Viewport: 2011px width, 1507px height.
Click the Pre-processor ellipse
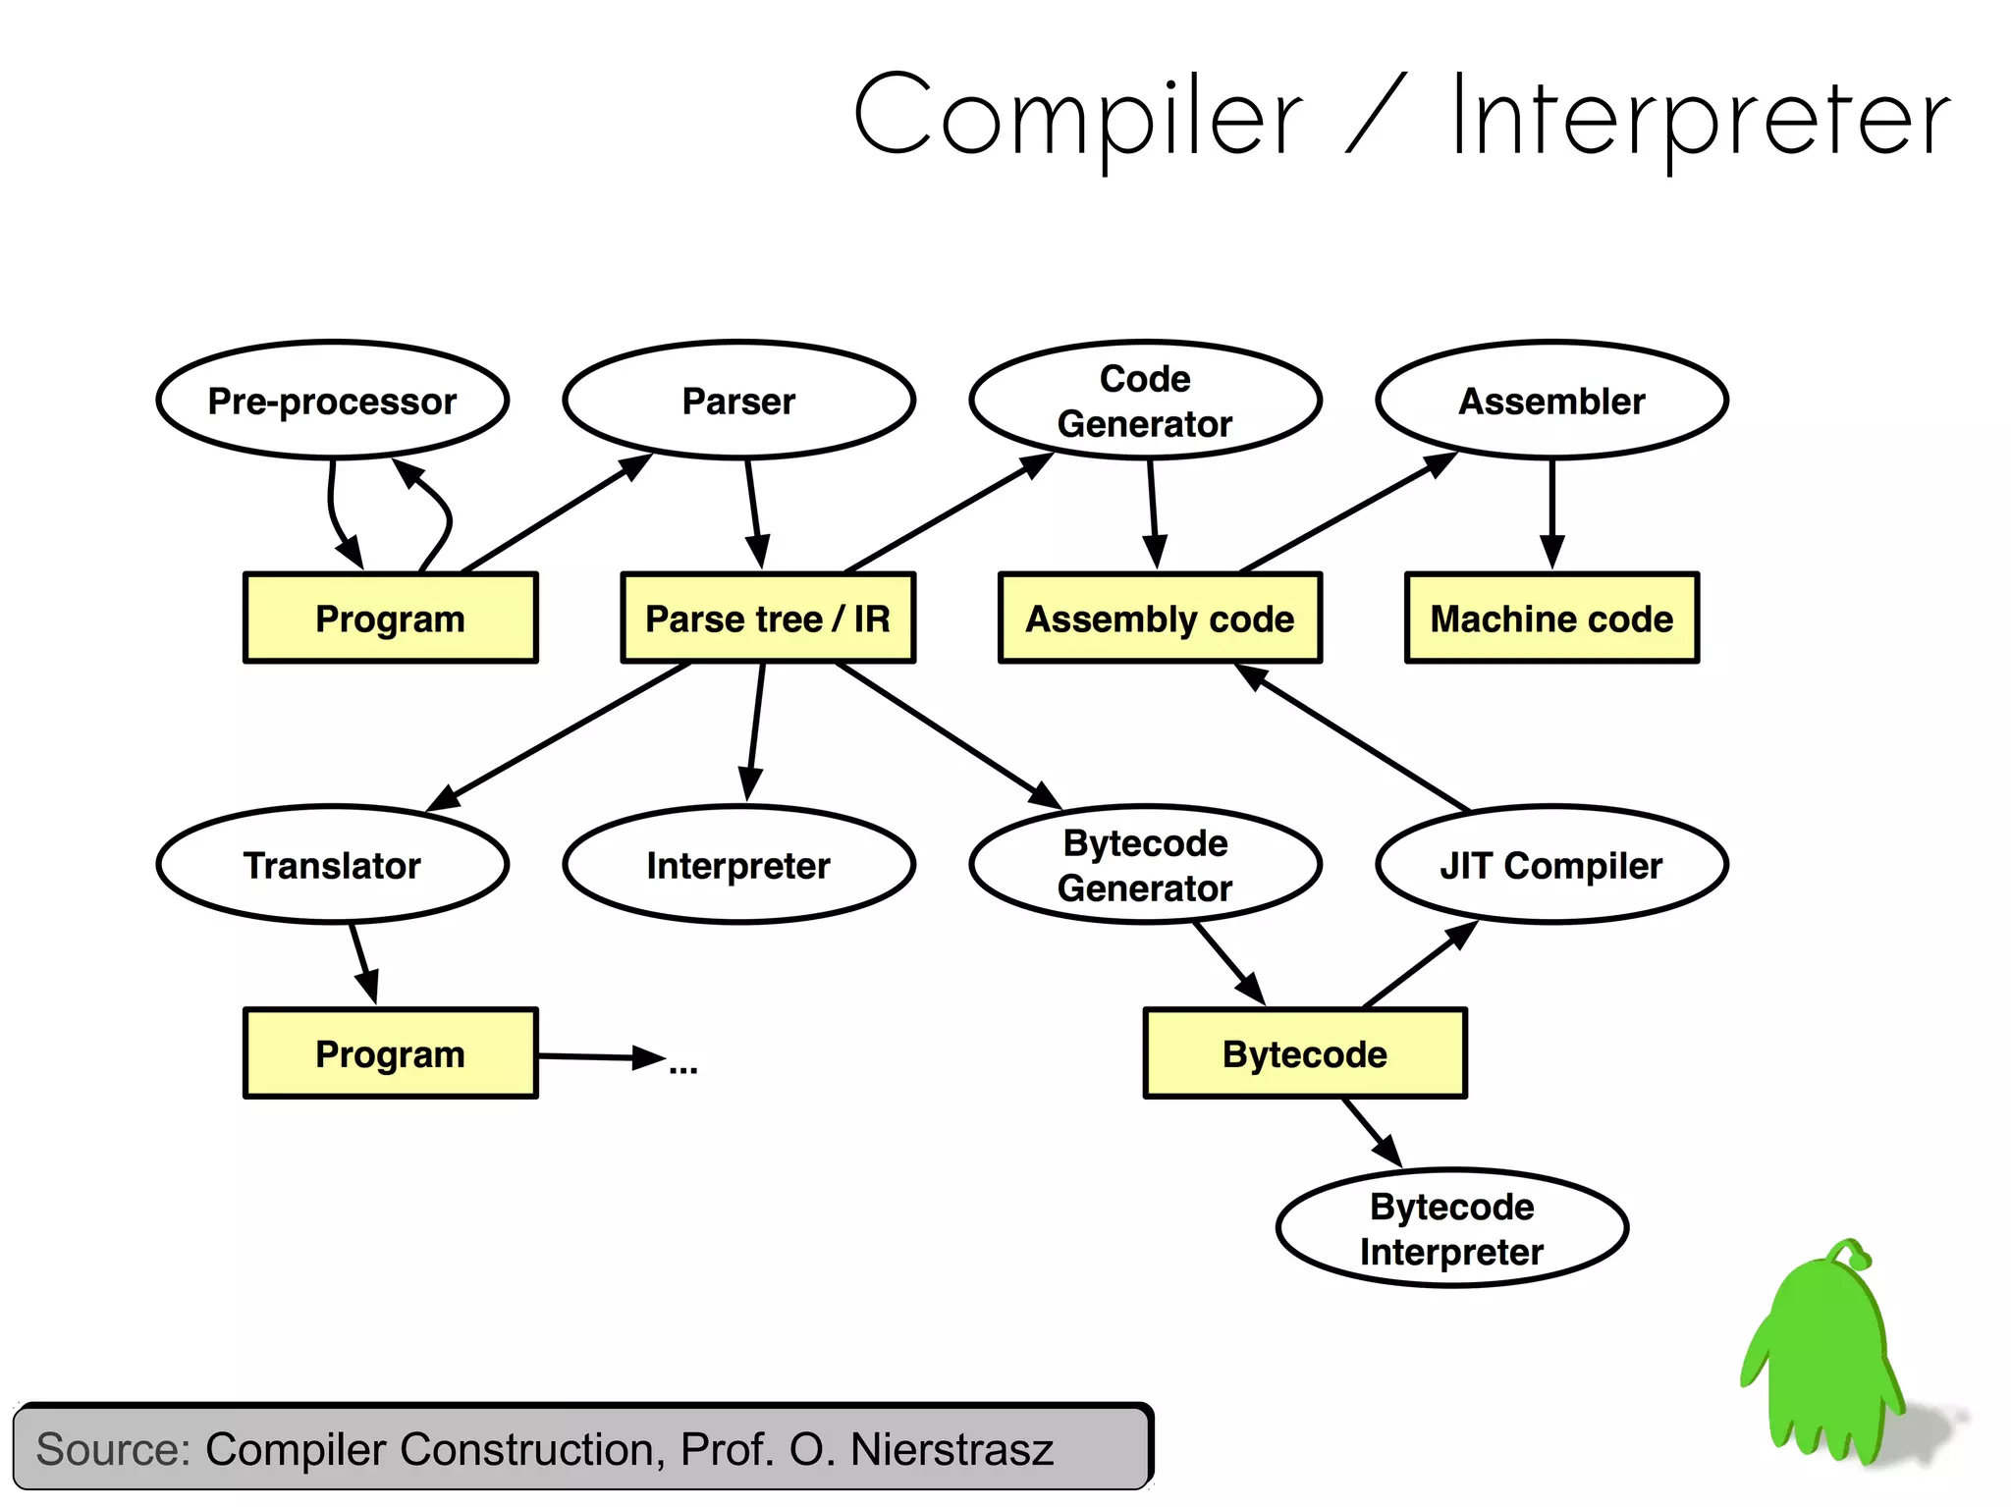pyautogui.click(x=332, y=401)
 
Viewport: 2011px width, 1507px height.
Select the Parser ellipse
pyautogui.click(x=738, y=401)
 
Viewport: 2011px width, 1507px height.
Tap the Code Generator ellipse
pyautogui.click(x=1145, y=401)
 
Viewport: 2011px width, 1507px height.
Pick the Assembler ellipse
pyautogui.click(x=1551, y=401)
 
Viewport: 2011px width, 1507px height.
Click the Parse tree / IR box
pyautogui.click(x=768, y=619)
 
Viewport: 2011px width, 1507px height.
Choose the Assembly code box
pyautogui.click(x=1160, y=619)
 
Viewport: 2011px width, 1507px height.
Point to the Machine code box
pyautogui.click(x=1551, y=619)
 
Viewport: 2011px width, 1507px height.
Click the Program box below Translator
pyautogui.click(x=390, y=1053)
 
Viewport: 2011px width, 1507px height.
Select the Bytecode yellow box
pyautogui.click(x=1305, y=1053)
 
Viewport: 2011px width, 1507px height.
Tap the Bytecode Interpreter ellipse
pyautogui.click(x=1451, y=1228)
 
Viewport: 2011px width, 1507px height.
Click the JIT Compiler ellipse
pyautogui.click(x=1551, y=865)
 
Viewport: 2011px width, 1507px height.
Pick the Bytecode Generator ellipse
pyautogui.click(x=1145, y=865)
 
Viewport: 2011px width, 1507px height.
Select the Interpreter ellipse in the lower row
pyautogui.click(x=738, y=865)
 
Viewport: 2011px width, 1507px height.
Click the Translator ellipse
pyautogui.click(x=332, y=865)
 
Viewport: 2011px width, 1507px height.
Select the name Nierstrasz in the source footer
pyautogui.click(x=951, y=1449)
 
